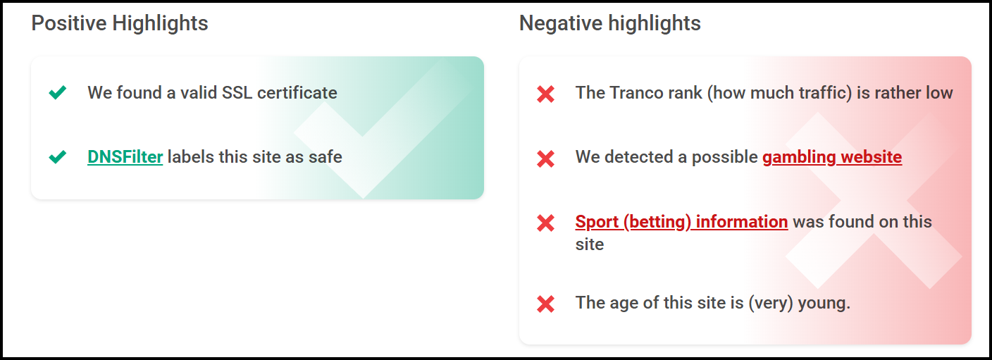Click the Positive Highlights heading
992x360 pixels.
coord(120,23)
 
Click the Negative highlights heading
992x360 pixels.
coord(609,23)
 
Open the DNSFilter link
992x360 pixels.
coord(125,156)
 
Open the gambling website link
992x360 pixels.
coord(831,156)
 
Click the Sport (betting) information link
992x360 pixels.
coord(681,222)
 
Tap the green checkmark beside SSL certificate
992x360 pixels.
coord(58,92)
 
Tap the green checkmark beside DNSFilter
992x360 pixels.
coord(58,156)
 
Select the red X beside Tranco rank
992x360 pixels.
coord(545,93)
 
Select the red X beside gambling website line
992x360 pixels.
coord(545,157)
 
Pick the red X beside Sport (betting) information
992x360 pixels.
coord(545,223)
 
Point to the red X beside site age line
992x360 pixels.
coord(545,304)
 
